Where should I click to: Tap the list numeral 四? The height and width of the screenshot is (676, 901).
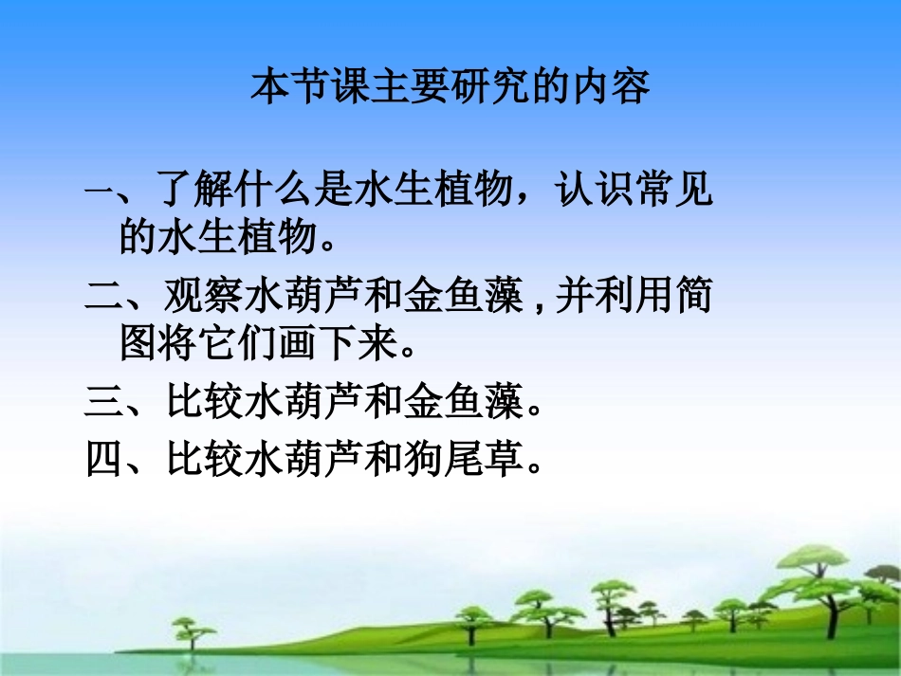coord(100,461)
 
